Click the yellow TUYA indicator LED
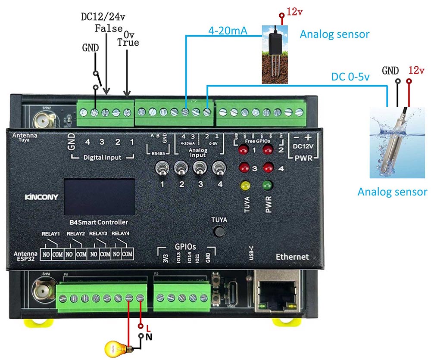[246, 185]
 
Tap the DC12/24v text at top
[103, 17]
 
